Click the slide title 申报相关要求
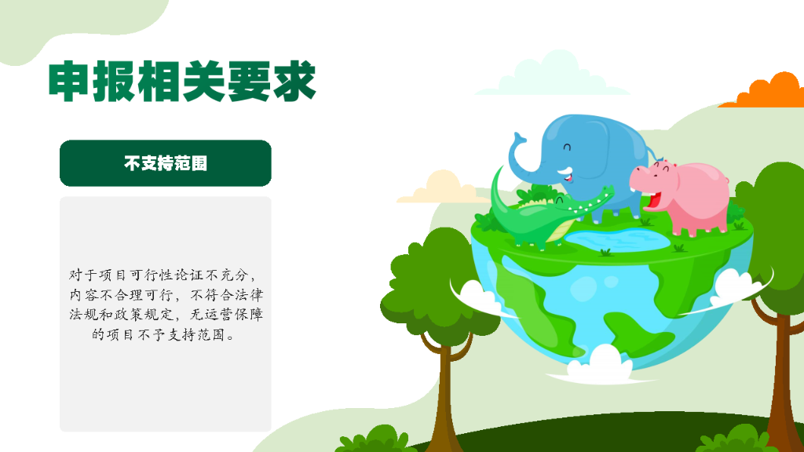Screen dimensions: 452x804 181,82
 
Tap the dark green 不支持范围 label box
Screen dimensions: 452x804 166,163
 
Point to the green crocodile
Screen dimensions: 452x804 542,216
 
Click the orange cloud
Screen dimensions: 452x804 766,93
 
